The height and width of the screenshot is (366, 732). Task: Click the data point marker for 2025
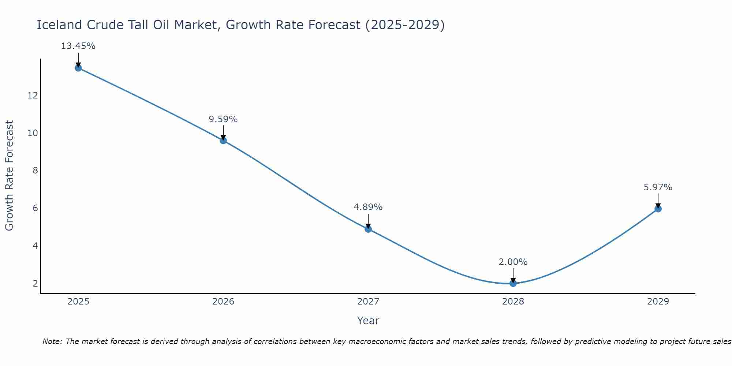click(78, 68)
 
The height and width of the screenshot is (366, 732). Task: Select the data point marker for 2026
click(223, 140)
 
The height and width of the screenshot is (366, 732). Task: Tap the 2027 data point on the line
click(368, 229)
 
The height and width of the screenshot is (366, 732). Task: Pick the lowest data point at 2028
click(513, 283)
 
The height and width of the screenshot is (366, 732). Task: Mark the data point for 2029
click(658, 209)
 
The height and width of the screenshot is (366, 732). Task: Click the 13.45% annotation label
click(78, 46)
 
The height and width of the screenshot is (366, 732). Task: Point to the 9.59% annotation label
click(223, 119)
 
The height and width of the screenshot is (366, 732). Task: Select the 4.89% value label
click(368, 207)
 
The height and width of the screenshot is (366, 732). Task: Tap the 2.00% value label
click(513, 262)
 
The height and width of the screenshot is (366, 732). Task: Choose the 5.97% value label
click(658, 187)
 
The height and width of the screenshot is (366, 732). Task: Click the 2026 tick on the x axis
click(223, 302)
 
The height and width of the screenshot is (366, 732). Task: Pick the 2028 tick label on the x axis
click(513, 302)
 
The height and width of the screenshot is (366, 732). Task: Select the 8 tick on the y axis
click(35, 171)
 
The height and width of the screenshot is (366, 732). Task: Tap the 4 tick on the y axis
click(35, 246)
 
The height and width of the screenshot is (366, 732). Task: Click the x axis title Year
click(368, 321)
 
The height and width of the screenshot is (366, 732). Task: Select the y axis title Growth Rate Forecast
click(9, 176)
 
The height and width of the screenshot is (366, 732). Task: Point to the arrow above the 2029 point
click(658, 201)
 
